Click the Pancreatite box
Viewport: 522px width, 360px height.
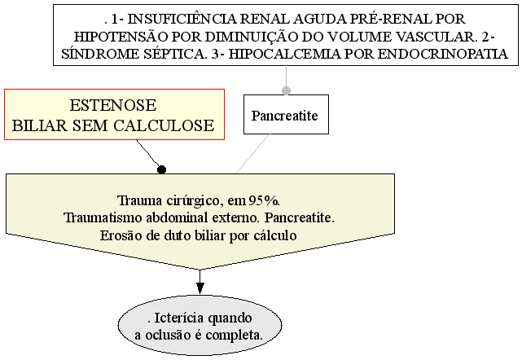coord(286,115)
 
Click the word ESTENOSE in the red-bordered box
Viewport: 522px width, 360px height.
coord(113,106)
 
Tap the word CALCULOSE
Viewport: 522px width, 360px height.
coord(164,125)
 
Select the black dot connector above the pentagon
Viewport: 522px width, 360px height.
coord(161,169)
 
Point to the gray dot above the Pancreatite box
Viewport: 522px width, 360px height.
coord(286,90)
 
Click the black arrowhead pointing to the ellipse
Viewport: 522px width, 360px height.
coord(200,288)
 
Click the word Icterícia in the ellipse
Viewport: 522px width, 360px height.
coord(179,318)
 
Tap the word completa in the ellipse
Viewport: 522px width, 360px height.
coord(234,335)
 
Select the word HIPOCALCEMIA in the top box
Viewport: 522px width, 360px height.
coord(285,54)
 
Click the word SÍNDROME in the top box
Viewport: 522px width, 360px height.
coord(100,54)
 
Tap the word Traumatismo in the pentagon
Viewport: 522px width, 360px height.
coord(103,218)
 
